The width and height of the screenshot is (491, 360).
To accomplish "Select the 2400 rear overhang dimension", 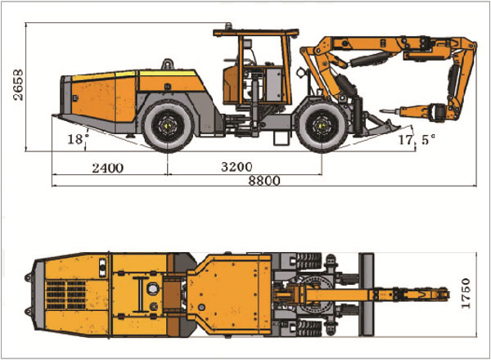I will (x=107, y=168).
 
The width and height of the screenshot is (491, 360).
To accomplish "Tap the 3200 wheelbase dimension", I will (x=236, y=168).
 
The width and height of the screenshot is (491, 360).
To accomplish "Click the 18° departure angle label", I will (x=74, y=140).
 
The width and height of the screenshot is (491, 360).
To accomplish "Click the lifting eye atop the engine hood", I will (x=167, y=62).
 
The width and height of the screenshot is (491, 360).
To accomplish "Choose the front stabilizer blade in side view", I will (x=378, y=127).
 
